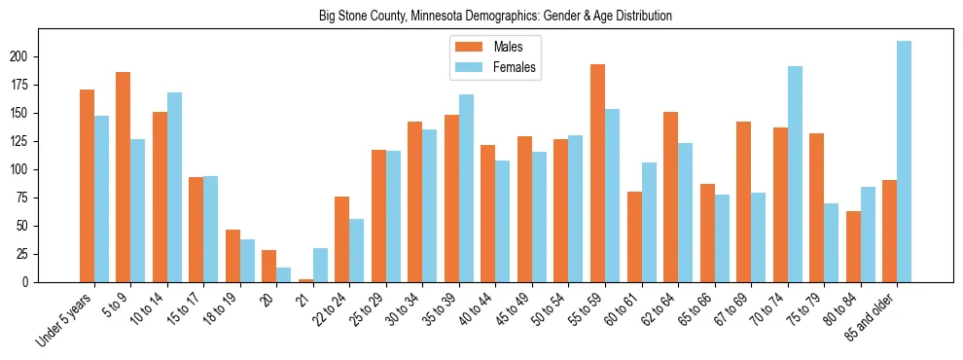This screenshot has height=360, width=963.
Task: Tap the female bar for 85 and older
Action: click(904, 162)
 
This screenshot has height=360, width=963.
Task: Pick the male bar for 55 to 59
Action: click(597, 173)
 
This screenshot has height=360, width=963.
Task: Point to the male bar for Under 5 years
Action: click(87, 186)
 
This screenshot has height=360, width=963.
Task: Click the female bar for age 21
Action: click(320, 265)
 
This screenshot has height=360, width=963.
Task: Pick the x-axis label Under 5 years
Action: click(65, 317)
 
